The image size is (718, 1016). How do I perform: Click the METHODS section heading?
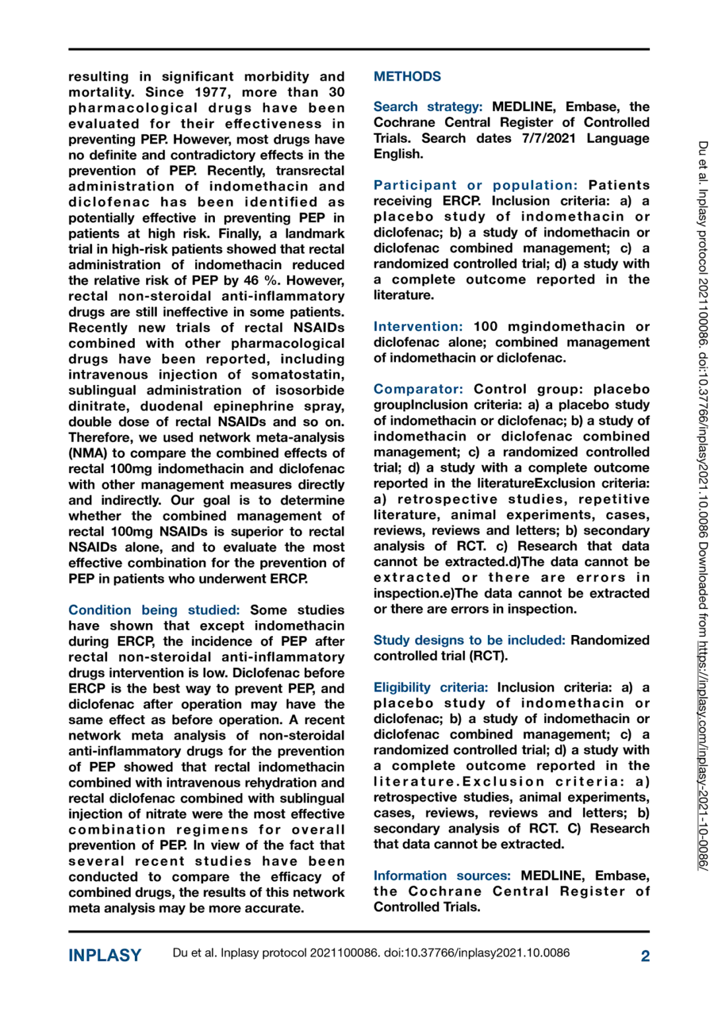pyautogui.click(x=407, y=77)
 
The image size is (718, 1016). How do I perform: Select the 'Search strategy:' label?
pyautogui.click(x=428, y=107)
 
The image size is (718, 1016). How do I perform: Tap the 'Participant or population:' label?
pyautogui.click(x=475, y=186)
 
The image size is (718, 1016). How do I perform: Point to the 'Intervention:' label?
pyautogui.click(x=418, y=327)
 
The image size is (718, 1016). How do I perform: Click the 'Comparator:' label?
pyautogui.click(x=418, y=390)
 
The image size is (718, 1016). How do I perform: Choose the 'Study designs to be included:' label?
pyautogui.click(x=469, y=640)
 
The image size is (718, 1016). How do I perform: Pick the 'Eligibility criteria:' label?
pyautogui.click(x=430, y=688)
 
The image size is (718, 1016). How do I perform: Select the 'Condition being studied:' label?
pyautogui.click(x=153, y=610)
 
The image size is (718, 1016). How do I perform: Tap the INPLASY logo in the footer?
pyautogui.click(x=105, y=956)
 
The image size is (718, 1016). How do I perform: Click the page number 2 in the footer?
pyautogui.click(x=645, y=956)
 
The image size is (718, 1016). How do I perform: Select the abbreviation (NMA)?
pyautogui.click(x=88, y=454)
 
